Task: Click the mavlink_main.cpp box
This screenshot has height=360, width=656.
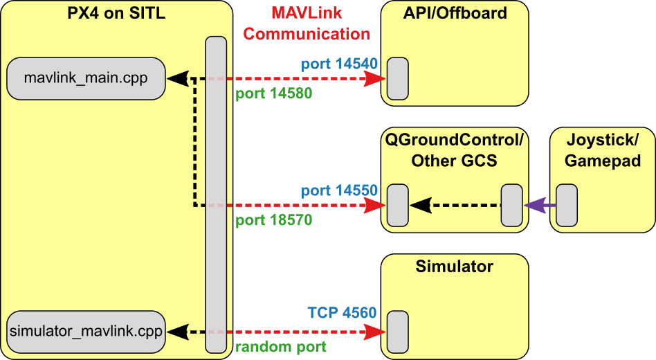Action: [86, 78]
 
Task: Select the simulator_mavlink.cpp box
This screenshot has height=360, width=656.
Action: [86, 331]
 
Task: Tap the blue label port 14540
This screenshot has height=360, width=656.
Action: [338, 64]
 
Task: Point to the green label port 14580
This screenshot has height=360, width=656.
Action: [274, 93]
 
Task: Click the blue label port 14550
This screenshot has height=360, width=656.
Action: [338, 191]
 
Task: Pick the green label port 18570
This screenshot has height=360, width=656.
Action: [274, 220]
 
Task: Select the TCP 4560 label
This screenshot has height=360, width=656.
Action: [342, 313]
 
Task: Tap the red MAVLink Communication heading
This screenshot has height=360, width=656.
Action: [307, 23]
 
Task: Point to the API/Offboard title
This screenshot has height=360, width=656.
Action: [455, 12]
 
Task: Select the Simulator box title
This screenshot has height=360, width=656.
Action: [455, 267]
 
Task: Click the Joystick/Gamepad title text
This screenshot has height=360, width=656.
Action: [602, 150]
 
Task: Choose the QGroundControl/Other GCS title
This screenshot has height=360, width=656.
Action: [455, 150]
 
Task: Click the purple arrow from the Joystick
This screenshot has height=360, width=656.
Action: [540, 206]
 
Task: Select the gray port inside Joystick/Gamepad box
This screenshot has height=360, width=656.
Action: [567, 205]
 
